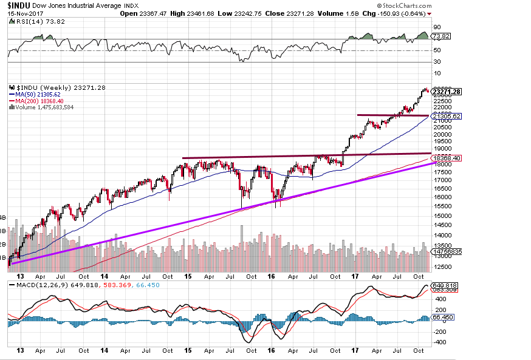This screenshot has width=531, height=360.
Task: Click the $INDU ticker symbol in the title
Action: tap(19, 5)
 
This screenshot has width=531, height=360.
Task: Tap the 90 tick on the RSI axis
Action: tap(436, 27)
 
